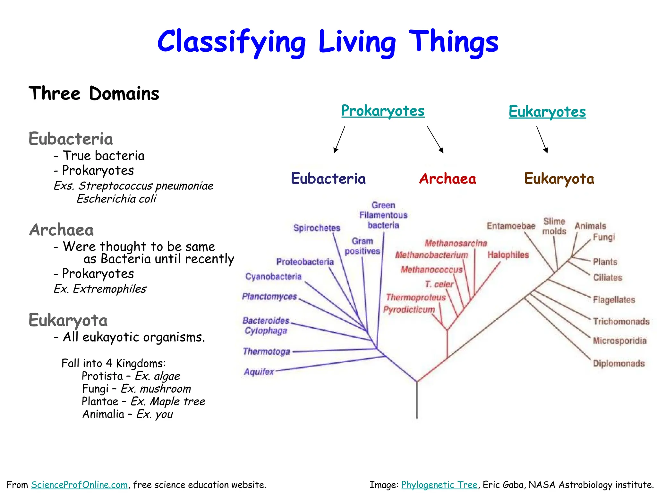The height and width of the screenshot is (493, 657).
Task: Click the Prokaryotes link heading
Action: (x=383, y=111)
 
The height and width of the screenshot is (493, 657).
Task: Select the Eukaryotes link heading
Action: (x=547, y=112)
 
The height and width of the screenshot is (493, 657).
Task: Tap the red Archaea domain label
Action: (x=448, y=179)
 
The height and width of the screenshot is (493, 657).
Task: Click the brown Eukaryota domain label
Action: (x=559, y=179)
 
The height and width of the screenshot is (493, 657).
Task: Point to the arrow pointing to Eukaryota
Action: (x=542, y=139)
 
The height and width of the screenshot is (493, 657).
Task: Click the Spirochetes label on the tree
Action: (x=317, y=228)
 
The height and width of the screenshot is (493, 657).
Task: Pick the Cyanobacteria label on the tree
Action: (x=273, y=277)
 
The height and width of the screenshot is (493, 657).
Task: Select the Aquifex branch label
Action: (x=259, y=372)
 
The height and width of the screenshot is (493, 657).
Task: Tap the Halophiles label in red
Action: (x=508, y=255)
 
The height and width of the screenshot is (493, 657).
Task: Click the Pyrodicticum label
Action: (x=409, y=309)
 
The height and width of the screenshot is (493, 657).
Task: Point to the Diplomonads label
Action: (x=619, y=363)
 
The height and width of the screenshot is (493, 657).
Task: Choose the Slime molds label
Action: (x=554, y=226)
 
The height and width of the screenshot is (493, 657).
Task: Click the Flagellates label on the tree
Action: (x=614, y=300)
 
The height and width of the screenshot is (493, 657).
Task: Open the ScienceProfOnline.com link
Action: (x=79, y=485)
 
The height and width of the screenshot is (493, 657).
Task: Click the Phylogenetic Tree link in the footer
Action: (x=439, y=485)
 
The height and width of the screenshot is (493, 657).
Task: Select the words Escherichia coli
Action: (x=116, y=199)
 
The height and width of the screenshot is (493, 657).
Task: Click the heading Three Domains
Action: (x=94, y=94)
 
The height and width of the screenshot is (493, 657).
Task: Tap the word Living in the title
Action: (x=357, y=42)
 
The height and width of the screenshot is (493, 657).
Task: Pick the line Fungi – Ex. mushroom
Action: (x=136, y=389)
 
